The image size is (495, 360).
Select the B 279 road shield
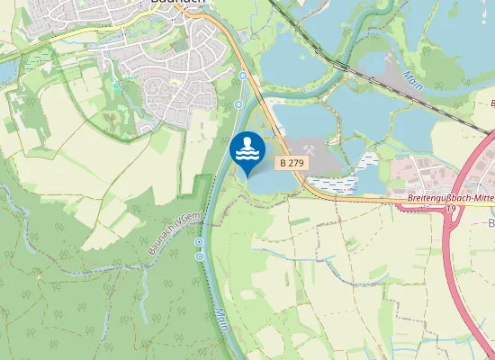[x=292, y=163]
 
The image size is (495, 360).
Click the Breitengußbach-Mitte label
[x=445, y=199]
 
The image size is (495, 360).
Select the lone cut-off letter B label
[x=491, y=222]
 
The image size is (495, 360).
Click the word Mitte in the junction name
[x=475, y=199]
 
